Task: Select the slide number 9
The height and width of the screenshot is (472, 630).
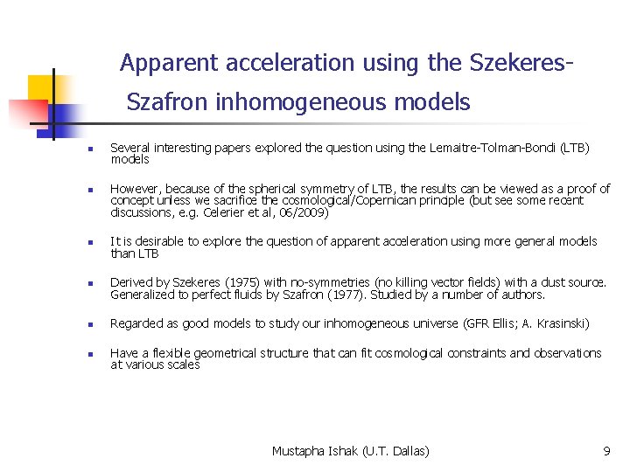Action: [606, 451]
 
